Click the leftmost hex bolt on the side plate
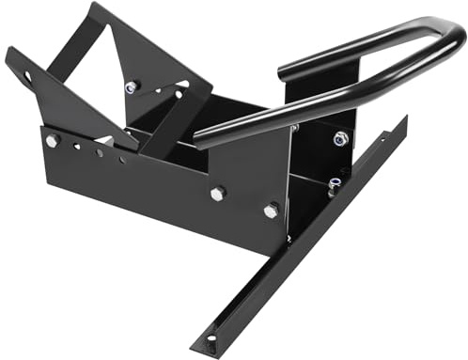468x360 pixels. pyautogui.click(x=52, y=141)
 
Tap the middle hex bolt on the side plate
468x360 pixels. pyautogui.click(x=218, y=193)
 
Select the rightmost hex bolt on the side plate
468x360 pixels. pyautogui.click(x=272, y=211)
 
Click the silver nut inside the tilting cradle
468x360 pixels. pyautogui.click(x=131, y=87)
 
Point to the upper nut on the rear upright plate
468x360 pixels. pyautogui.click(x=340, y=139)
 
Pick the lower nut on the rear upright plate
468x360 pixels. pyautogui.click(x=335, y=184)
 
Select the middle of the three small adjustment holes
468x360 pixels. pyautogui.click(x=99, y=152)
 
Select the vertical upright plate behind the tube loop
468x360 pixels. pyautogui.click(x=324, y=103)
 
